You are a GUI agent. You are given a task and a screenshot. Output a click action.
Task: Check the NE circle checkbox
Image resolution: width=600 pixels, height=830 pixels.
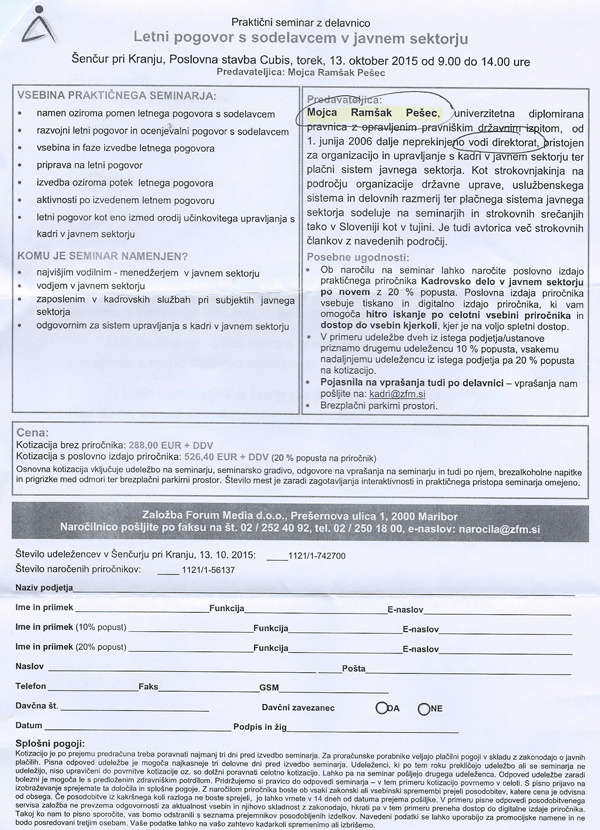[x=424, y=707]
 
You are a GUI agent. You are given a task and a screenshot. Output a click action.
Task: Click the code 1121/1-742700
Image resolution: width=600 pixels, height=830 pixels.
[x=318, y=553]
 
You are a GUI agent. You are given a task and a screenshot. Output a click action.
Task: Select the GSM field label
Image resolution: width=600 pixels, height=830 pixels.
[x=268, y=688]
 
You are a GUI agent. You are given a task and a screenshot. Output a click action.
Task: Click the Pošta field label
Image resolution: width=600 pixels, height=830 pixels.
[x=354, y=667]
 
